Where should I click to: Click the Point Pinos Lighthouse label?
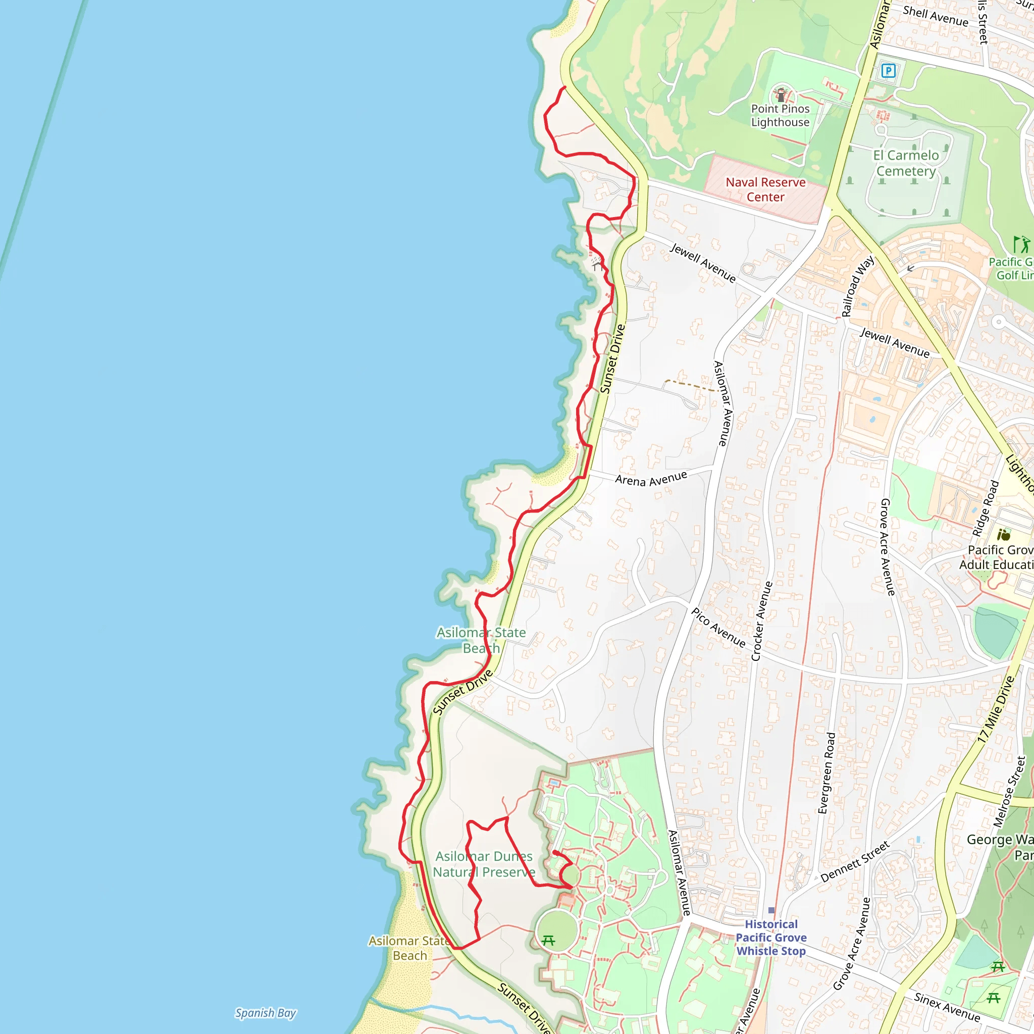click(781, 115)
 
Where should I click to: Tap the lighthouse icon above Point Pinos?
click(781, 95)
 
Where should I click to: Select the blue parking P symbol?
click(889, 70)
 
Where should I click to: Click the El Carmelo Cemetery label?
click(906, 163)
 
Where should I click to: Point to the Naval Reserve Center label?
click(765, 189)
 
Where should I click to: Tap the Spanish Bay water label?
click(266, 1013)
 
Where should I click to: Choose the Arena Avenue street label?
click(651, 478)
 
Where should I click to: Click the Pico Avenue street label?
click(718, 627)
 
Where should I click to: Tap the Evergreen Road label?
click(826, 773)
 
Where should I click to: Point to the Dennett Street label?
click(855, 861)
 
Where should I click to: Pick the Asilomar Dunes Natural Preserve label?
click(484, 864)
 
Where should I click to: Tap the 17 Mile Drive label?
click(996, 709)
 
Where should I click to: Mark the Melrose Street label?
click(1009, 792)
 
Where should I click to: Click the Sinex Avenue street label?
click(947, 1007)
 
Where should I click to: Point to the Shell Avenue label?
click(936, 16)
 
